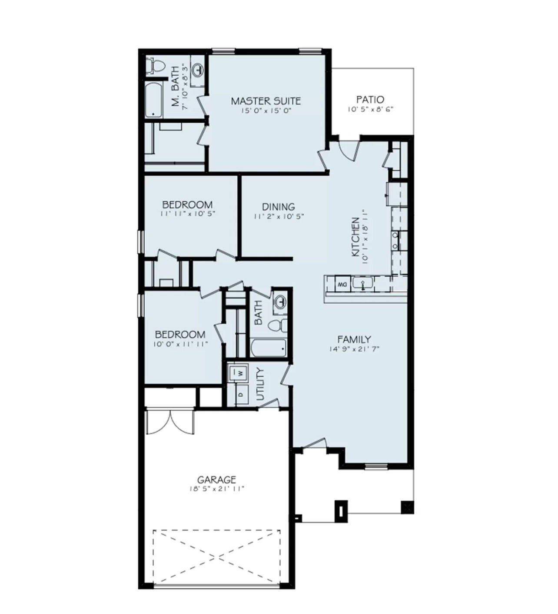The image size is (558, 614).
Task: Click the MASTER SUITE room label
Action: tap(266, 101)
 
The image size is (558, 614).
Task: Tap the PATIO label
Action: tap(370, 100)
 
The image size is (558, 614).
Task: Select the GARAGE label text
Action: tap(216, 480)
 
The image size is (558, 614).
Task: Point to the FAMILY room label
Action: tap(354, 339)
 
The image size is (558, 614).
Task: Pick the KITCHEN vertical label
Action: tap(355, 237)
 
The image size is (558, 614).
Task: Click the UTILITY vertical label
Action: tap(260, 384)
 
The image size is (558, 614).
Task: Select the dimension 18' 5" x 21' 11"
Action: tap(216, 489)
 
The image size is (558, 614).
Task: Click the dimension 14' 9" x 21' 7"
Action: tap(354, 349)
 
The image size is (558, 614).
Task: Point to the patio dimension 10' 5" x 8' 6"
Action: tap(370, 110)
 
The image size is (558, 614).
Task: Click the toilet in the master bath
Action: tap(155, 66)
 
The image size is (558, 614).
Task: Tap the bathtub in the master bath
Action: tap(154, 101)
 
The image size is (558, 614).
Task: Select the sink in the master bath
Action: tap(198, 69)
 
